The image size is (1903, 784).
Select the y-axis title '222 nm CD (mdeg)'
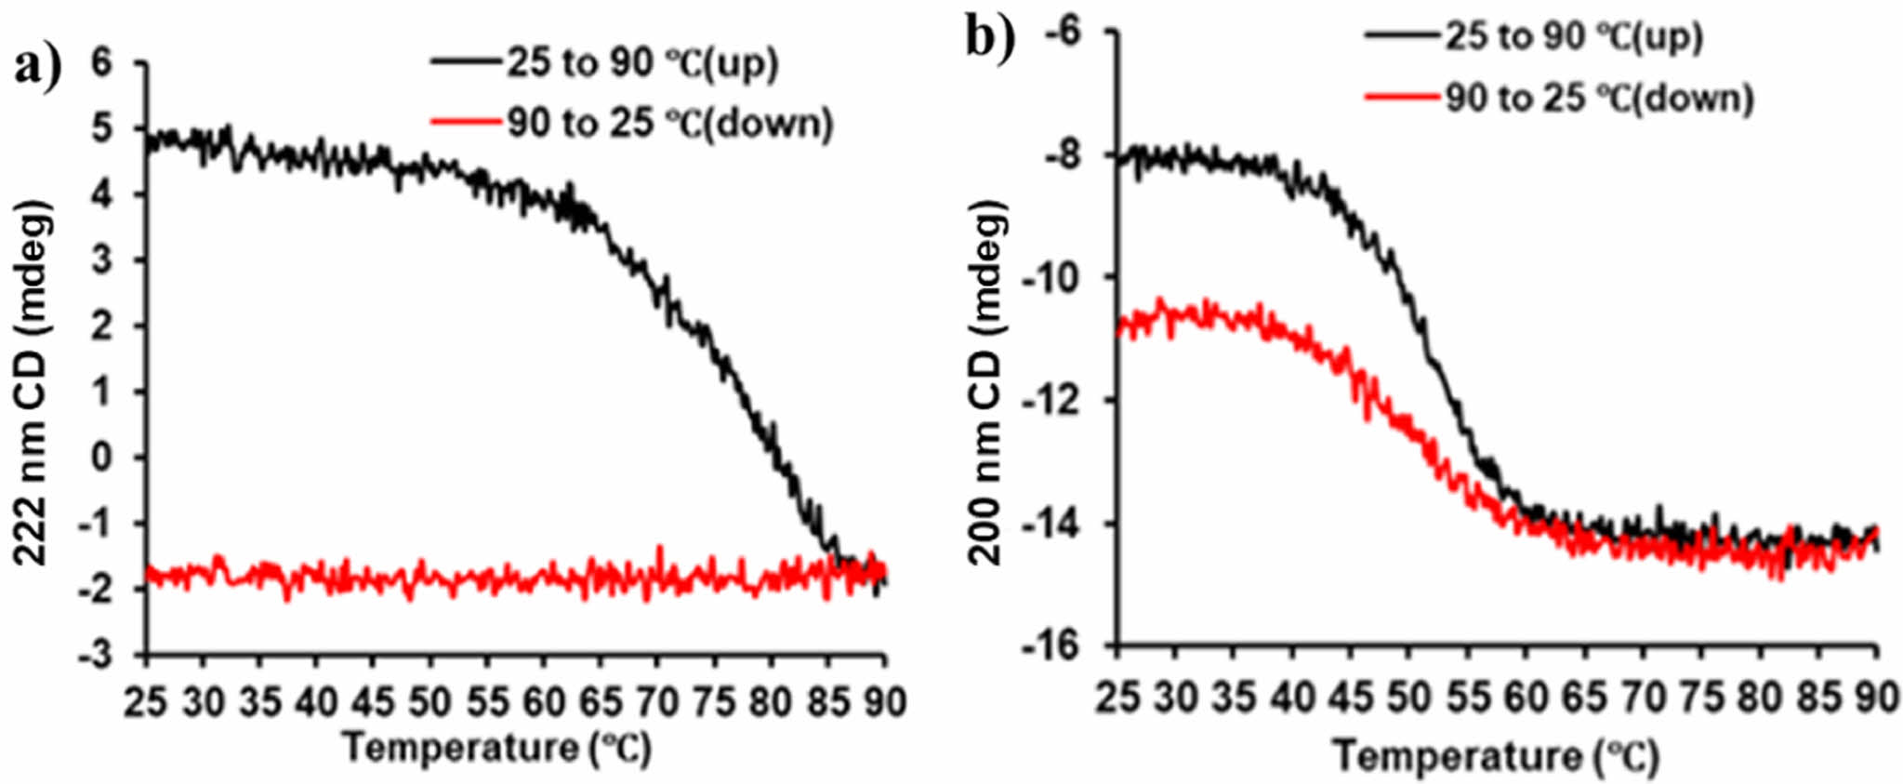33,381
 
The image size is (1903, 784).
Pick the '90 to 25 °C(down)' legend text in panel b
1599,98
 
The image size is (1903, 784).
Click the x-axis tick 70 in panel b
1644,698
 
